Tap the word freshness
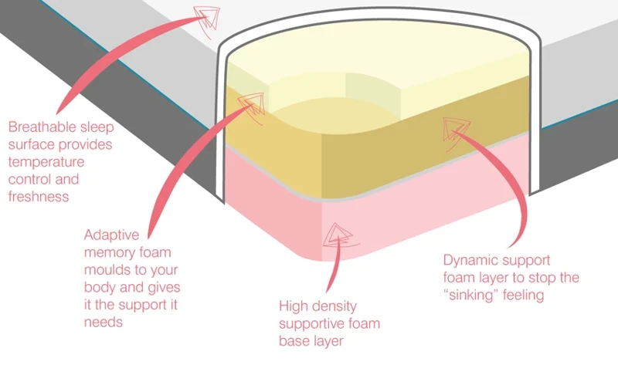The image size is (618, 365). [36, 197]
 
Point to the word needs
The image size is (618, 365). [104, 322]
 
